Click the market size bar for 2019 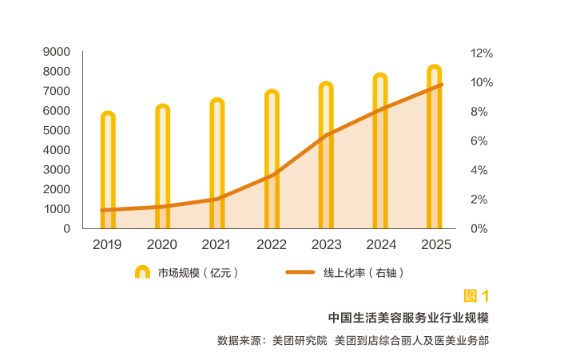(108, 172)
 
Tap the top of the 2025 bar (434, 70)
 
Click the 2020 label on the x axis (162, 245)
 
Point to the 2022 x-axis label (272, 245)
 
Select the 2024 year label (381, 245)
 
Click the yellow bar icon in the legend (142, 272)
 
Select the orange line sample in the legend (300, 273)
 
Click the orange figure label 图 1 (476, 296)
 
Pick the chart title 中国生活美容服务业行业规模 (408, 318)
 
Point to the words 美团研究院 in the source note (300, 341)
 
